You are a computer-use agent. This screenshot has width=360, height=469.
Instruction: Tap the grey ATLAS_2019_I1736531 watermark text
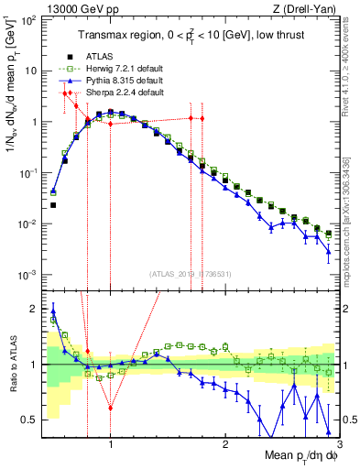190,273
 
